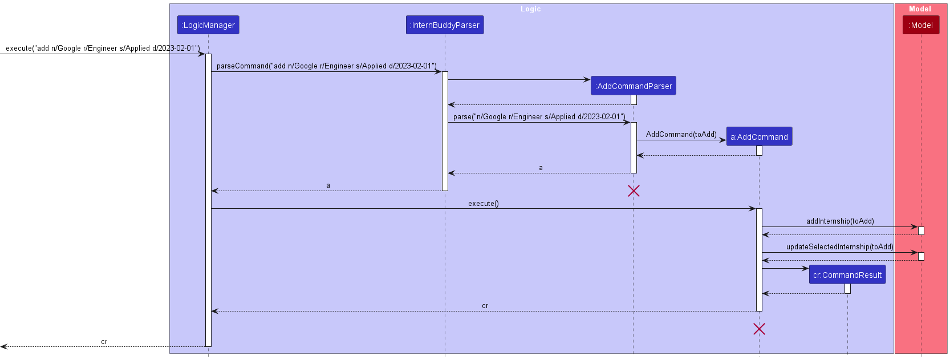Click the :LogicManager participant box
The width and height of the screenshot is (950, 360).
point(208,25)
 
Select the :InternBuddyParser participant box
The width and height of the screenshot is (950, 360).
point(445,25)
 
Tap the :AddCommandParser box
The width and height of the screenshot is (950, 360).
point(634,86)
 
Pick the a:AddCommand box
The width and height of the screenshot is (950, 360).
point(759,137)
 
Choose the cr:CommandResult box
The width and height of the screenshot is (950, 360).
point(847,275)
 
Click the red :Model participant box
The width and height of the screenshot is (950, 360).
point(920,25)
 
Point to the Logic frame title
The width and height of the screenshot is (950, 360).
point(530,9)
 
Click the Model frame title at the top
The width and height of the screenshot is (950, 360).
point(920,9)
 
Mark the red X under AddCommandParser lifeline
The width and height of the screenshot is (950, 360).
point(634,191)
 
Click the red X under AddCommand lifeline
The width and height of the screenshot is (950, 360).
point(759,329)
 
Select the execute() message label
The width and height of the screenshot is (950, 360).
point(483,204)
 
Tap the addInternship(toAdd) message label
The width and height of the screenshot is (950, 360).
point(839,221)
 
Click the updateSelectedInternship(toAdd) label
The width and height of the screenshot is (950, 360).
point(839,247)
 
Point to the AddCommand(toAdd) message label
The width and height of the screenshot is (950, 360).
point(681,135)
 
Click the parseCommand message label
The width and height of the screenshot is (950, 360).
point(326,66)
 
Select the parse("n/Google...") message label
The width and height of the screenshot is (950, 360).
point(539,117)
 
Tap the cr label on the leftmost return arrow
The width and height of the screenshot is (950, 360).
point(104,342)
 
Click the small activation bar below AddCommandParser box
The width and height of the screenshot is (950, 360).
point(634,100)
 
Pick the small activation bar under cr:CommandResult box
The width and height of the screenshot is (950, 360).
point(847,289)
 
